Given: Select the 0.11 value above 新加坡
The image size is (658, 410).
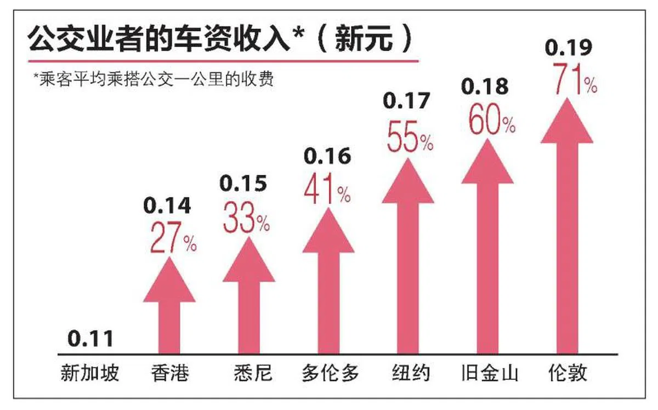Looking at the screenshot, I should coord(91,338).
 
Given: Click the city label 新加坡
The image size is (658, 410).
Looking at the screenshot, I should coord(89,374).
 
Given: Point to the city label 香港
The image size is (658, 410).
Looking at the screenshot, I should coord(169,374).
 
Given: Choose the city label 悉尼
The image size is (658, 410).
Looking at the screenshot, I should coord(249,374).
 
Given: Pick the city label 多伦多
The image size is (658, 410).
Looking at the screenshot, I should coord(330,374).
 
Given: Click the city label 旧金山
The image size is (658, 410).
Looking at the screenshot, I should coord(490,374).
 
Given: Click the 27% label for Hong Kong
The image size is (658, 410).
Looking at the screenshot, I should coord(173,242).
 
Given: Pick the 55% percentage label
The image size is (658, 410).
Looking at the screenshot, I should coord(410,140).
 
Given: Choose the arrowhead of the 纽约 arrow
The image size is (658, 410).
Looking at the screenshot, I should coord(408,183).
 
